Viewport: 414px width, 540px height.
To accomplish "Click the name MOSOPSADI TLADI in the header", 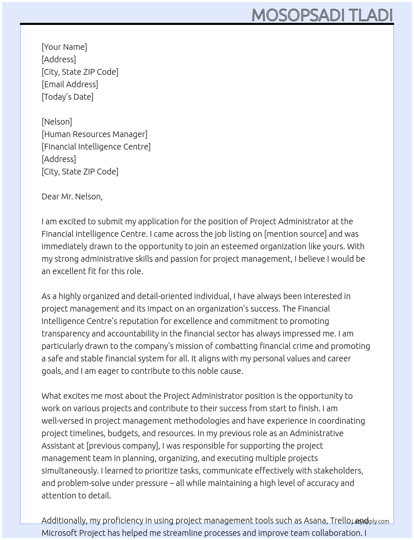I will tap(322, 15).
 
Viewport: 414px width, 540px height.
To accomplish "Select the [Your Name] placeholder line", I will tap(64, 47).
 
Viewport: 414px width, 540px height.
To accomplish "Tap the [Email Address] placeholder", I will tap(70, 84).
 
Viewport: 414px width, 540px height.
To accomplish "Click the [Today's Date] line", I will tap(67, 97).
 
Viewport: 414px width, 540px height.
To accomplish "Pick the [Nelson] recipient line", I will tap(57, 122).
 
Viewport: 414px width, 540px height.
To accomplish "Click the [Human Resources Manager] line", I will tap(94, 134).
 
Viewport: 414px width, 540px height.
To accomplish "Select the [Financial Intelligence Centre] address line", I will tap(96, 147).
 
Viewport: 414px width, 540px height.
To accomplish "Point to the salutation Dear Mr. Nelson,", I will tap(72, 196).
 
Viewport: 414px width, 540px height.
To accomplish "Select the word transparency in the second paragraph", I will tap(65, 334).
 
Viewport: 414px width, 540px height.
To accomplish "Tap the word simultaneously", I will tap(69, 471).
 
